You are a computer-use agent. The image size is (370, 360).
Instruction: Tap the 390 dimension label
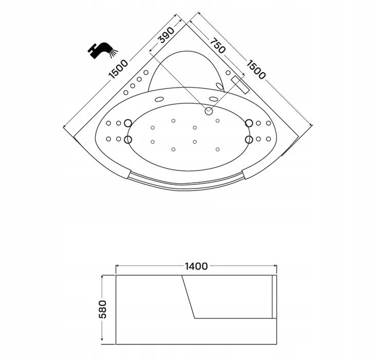pyautogui.click(x=166, y=35)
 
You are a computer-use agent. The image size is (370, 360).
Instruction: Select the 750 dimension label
pyautogui.click(x=217, y=46)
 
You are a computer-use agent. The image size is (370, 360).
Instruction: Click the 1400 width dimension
pyautogui.click(x=196, y=266)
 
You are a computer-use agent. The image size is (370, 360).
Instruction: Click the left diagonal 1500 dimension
pyautogui.click(x=118, y=69)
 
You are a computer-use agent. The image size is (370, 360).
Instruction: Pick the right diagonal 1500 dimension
pyautogui.click(x=256, y=69)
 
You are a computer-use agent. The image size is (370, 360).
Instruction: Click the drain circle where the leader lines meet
pyautogui.click(x=209, y=111)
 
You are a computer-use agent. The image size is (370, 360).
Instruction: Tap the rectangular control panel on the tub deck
pyautogui.click(x=240, y=85)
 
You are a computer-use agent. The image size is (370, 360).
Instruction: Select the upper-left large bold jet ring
pyautogui.click(x=128, y=123)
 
